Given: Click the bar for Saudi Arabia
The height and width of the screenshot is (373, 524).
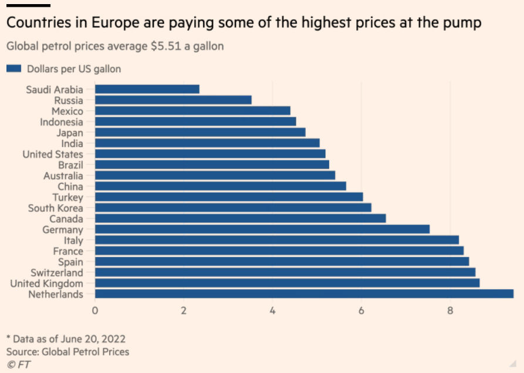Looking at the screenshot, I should click(147, 89).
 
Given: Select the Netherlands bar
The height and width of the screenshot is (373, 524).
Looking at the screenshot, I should click(304, 294).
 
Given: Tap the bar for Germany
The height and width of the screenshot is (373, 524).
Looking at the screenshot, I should click(262, 229).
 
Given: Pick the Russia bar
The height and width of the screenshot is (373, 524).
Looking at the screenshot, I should click(173, 100).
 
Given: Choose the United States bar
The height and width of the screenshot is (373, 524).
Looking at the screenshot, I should click(210, 154).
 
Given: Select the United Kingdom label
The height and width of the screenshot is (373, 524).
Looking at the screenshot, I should click(47, 283).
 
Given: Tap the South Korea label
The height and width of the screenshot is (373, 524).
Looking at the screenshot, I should click(56, 208).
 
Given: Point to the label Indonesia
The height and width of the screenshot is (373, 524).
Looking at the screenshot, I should click(62, 122).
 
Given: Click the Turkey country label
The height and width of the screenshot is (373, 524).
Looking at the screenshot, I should click(67, 197).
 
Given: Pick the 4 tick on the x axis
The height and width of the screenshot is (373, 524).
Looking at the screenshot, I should click(272, 310).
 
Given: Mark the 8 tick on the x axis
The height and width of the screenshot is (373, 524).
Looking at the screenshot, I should click(450, 310).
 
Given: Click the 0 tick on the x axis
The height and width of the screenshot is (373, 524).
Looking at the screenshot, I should click(95, 310).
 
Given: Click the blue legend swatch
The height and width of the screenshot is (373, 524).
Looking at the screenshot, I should click(14, 69).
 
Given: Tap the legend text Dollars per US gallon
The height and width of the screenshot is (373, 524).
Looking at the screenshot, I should click(74, 69).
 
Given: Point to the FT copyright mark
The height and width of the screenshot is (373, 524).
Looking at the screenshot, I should click(18, 364).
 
